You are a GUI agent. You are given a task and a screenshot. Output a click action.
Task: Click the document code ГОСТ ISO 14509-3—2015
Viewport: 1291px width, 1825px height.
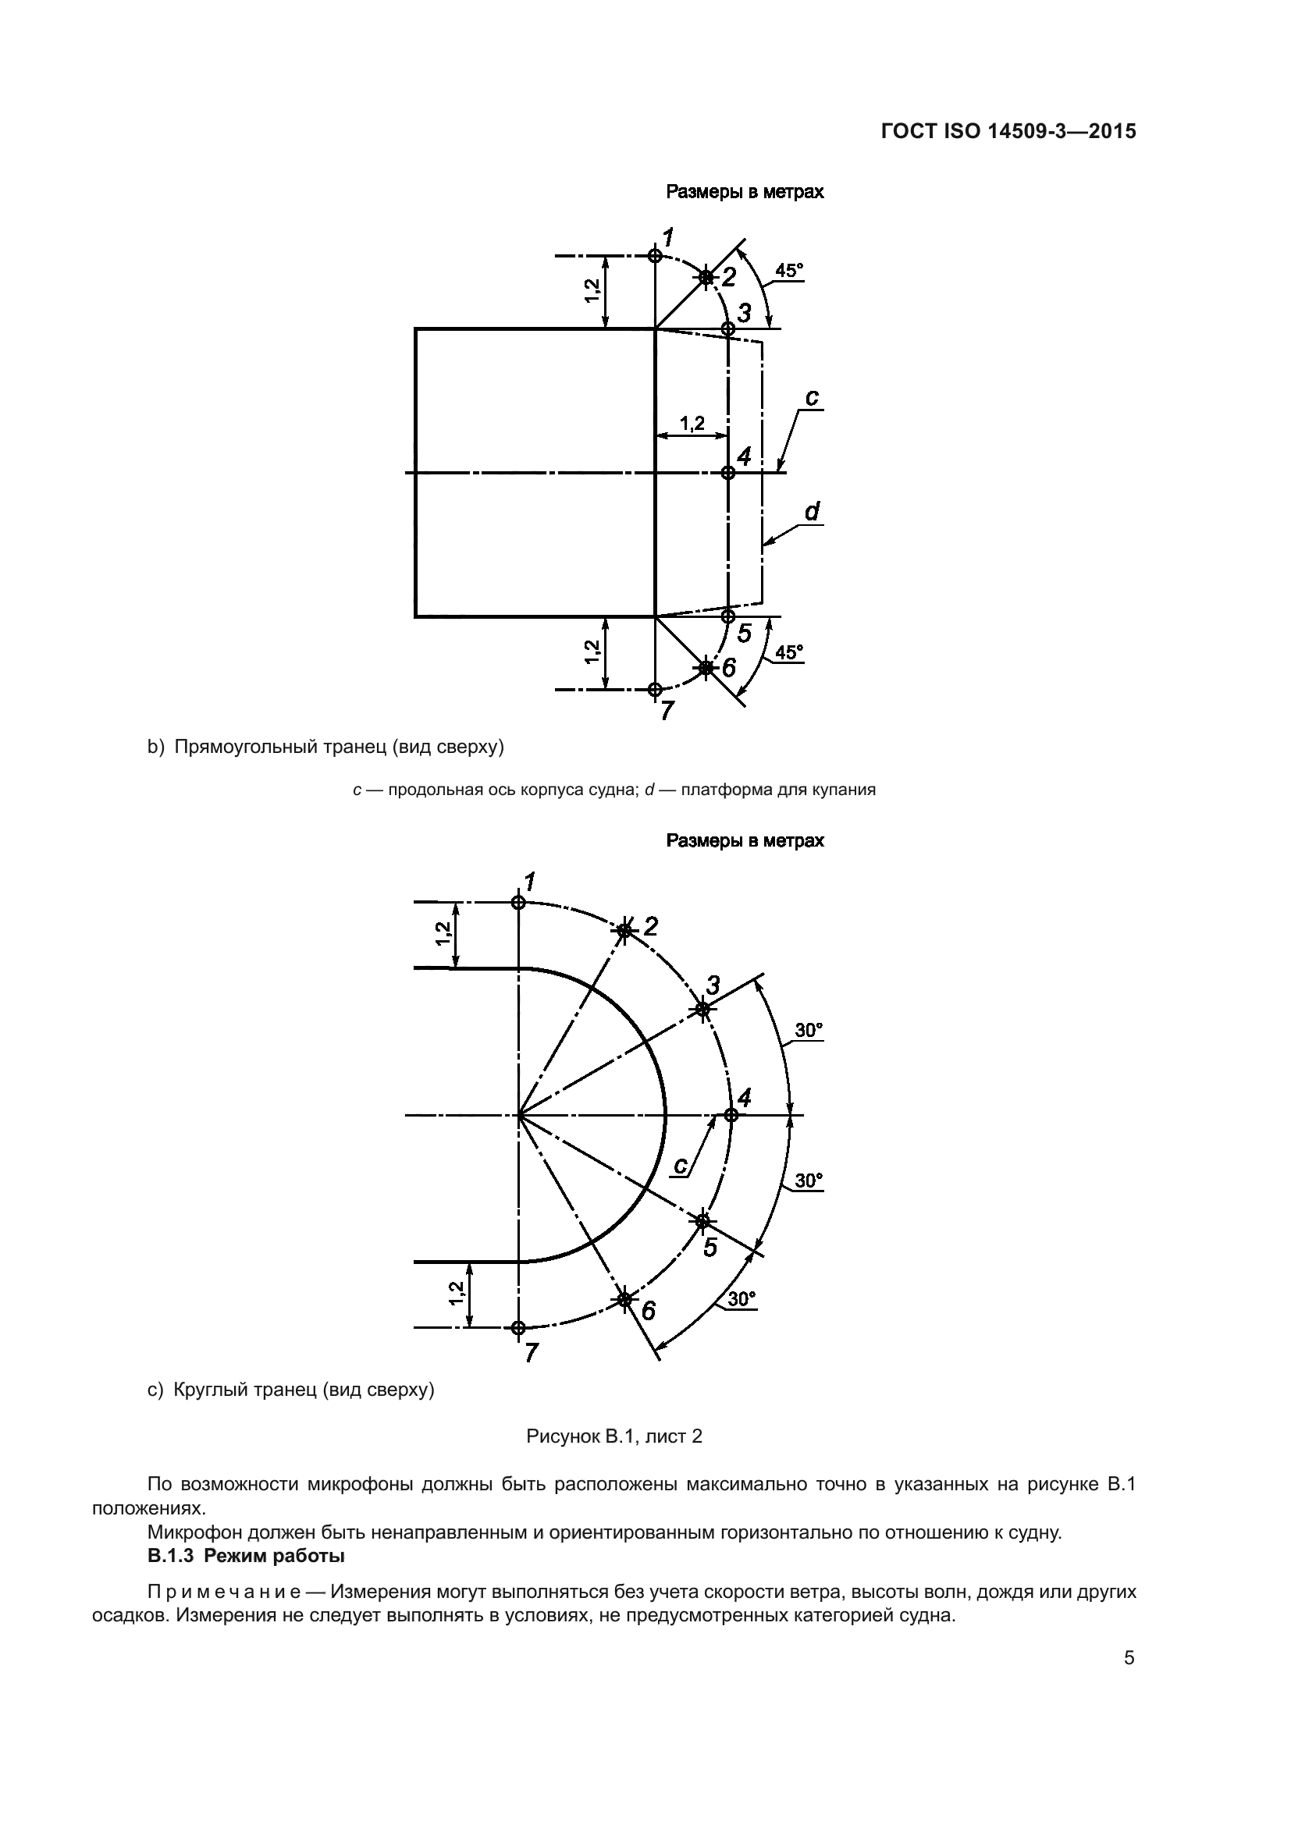tap(1008, 131)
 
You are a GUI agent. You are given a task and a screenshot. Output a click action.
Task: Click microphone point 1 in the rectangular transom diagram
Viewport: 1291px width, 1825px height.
tap(654, 255)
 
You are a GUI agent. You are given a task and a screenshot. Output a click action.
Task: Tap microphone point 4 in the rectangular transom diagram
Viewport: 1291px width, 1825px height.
tap(727, 472)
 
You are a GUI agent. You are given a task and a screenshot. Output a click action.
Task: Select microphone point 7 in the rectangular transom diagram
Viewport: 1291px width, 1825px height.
tap(654, 689)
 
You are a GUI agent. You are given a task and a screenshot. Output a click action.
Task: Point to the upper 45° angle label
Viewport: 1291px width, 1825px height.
tap(788, 271)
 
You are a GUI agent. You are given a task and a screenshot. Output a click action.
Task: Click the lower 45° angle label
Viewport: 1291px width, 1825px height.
tap(788, 652)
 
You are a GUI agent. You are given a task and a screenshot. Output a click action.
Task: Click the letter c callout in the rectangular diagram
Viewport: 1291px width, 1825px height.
tap(812, 397)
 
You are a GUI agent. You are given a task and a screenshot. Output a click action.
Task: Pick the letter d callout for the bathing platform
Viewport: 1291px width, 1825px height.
tap(812, 512)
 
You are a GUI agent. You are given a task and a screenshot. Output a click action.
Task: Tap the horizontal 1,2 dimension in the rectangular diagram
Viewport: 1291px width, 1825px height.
tap(692, 424)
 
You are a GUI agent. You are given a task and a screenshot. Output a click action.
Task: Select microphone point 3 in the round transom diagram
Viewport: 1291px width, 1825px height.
tap(702, 1009)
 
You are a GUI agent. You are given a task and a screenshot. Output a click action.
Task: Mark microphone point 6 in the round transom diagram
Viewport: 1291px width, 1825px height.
tap(625, 1299)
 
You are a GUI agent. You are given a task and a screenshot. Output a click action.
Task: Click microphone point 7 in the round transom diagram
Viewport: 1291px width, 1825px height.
tap(518, 1327)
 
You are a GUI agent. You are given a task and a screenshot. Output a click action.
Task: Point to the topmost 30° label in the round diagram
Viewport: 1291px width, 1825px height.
tap(809, 1031)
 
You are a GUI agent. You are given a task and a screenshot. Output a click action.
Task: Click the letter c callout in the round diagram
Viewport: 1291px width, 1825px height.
tap(681, 1165)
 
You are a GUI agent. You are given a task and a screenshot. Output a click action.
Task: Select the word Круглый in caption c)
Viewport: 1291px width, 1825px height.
tap(207, 1390)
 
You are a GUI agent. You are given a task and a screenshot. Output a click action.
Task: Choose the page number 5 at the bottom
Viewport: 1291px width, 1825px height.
tap(1129, 1658)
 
